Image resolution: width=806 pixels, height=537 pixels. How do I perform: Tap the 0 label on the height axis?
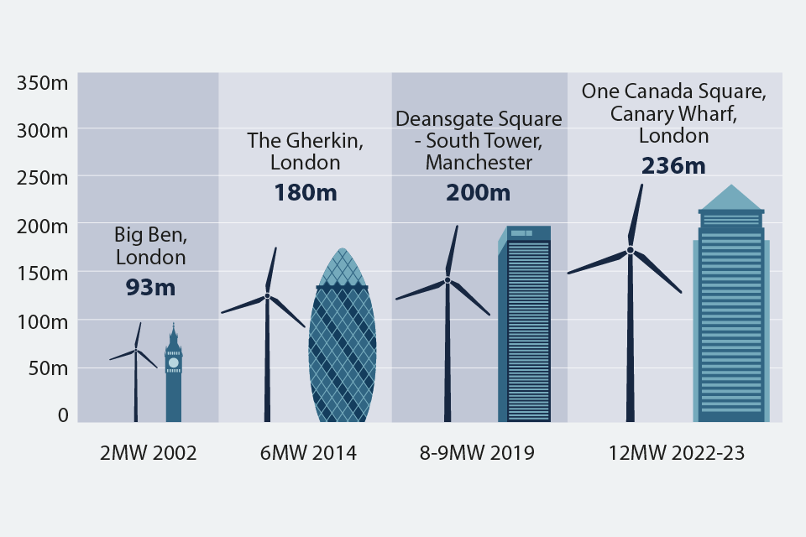[x=62, y=414]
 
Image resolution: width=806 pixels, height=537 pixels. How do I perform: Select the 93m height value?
[x=150, y=288]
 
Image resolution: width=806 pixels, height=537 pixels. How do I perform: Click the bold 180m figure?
[x=305, y=192]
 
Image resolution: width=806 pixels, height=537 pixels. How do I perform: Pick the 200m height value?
[x=478, y=192]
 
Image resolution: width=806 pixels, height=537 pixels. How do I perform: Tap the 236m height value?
[x=673, y=166]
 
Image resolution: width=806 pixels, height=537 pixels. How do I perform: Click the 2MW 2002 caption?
[x=148, y=454]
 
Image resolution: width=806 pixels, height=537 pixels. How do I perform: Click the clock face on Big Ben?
[x=173, y=362]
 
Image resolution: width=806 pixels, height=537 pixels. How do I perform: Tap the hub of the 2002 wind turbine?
[x=136, y=351]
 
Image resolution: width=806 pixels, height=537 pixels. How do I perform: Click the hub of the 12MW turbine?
[x=630, y=250]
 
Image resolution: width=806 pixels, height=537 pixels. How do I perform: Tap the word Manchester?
[x=479, y=163]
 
